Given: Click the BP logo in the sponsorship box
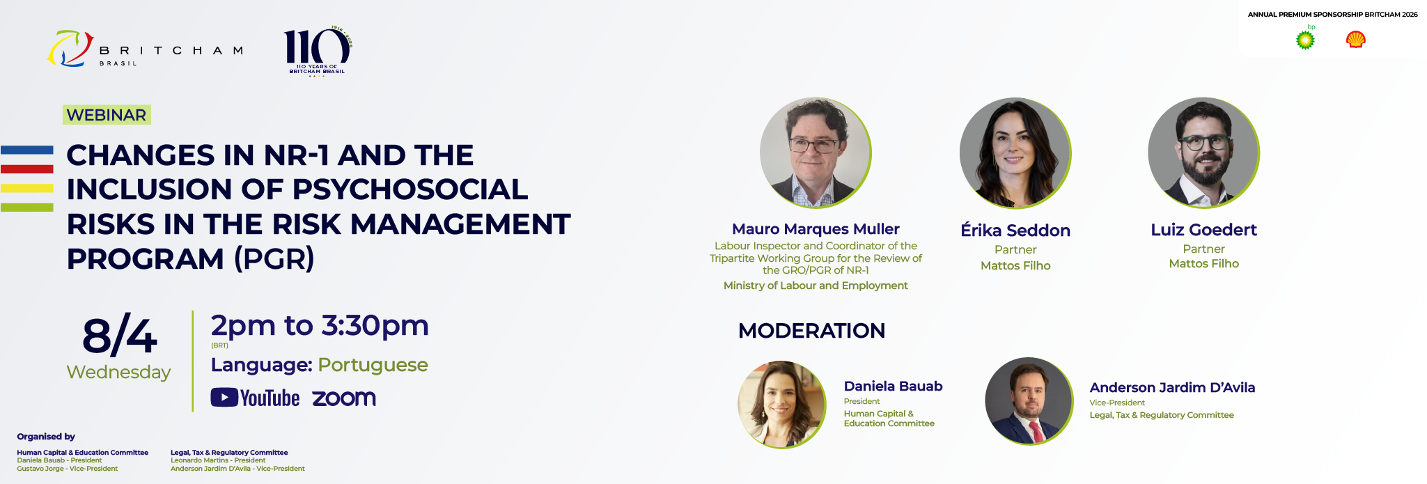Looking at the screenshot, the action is (x=1305, y=38).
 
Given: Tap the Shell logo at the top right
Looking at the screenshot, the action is (x=1355, y=40).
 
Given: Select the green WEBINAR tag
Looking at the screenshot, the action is (x=107, y=115).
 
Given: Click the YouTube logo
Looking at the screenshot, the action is (x=255, y=398).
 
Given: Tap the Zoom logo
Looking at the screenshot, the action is (x=344, y=398).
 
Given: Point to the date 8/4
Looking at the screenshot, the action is (x=120, y=336).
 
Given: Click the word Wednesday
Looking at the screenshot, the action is (x=118, y=372).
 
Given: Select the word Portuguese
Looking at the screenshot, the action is (x=373, y=365).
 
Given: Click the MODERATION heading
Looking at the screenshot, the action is (x=811, y=330).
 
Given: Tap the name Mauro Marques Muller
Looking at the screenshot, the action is (x=816, y=229).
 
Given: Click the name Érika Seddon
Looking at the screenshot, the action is (x=1015, y=230).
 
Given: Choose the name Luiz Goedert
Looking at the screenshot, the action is (x=1203, y=230).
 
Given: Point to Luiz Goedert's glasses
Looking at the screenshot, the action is (x=1203, y=143).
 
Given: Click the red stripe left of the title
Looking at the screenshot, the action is (x=27, y=169).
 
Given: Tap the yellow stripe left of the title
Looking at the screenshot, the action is (x=27, y=188).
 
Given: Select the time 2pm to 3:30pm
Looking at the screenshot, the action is (x=320, y=326).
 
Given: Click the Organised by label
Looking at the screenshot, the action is (x=46, y=437).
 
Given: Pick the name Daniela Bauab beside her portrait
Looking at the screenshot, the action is (x=893, y=386).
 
